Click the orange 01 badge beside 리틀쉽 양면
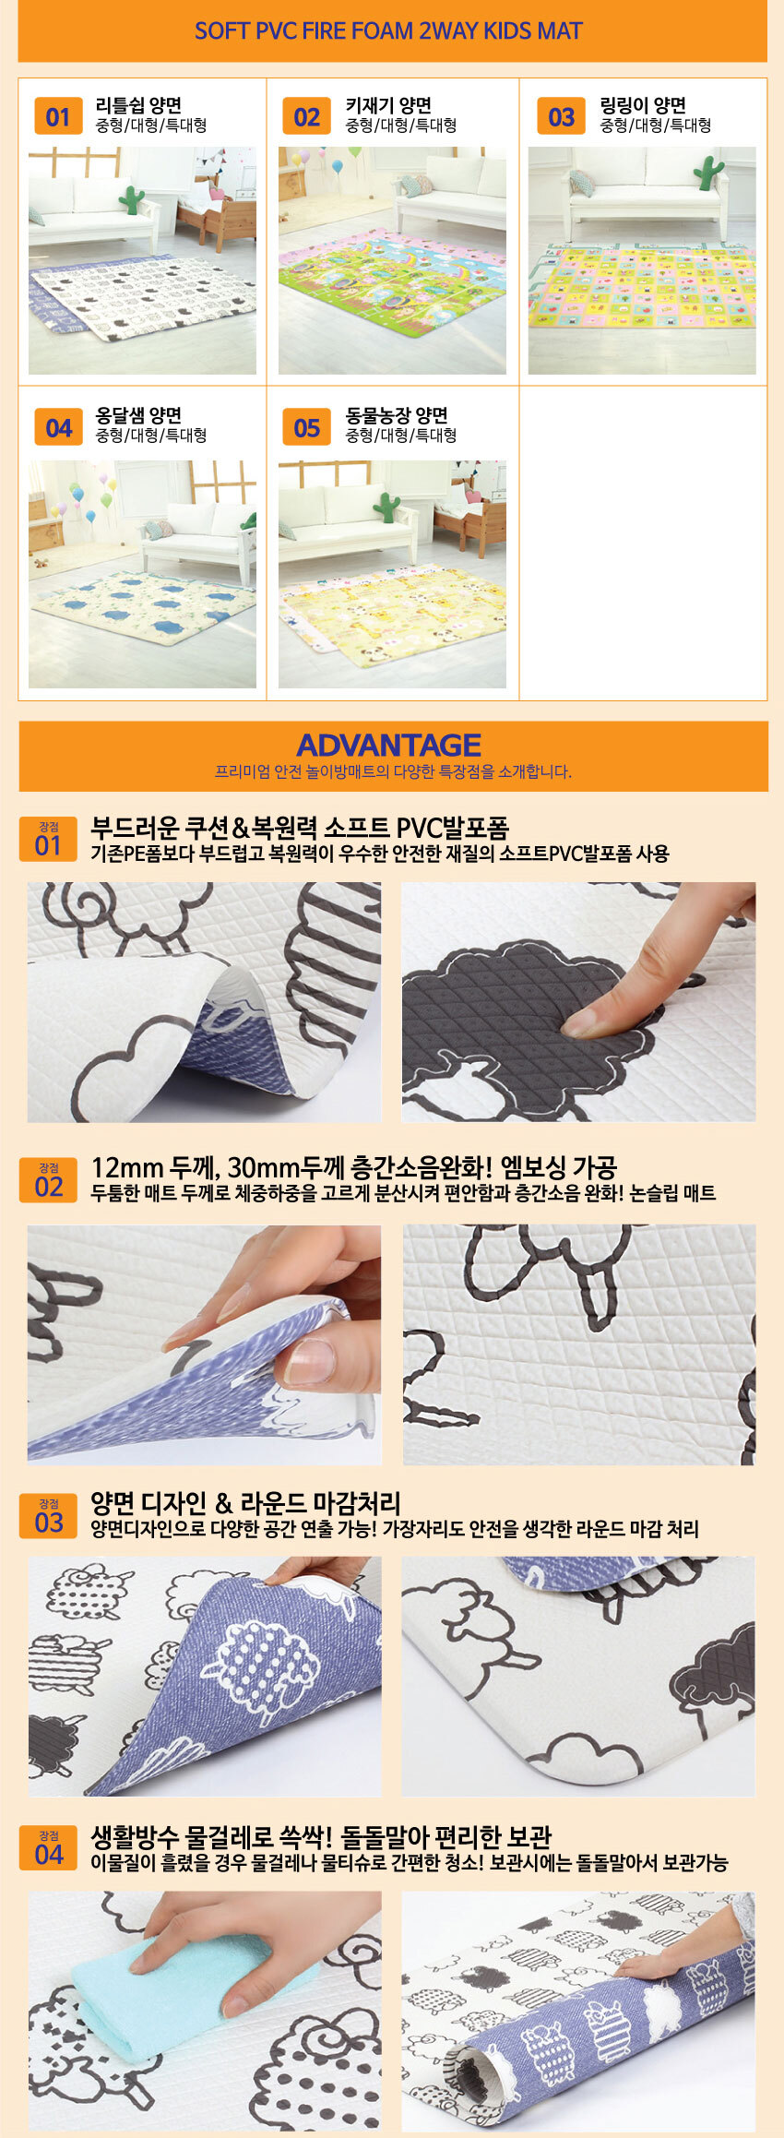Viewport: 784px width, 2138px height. [57, 117]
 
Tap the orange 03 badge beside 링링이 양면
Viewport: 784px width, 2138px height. [561, 117]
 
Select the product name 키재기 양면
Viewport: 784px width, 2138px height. [388, 105]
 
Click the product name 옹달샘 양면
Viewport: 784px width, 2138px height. [138, 415]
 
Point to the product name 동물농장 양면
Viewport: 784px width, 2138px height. [397, 415]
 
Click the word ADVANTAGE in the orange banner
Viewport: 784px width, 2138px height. [388, 745]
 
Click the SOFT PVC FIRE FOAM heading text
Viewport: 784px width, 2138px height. [388, 31]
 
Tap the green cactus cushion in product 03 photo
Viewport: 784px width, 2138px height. [708, 173]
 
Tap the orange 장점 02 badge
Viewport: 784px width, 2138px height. [48, 1180]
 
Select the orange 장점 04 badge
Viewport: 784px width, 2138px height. [48, 1848]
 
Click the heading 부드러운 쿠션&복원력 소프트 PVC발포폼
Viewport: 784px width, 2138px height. [300, 828]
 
